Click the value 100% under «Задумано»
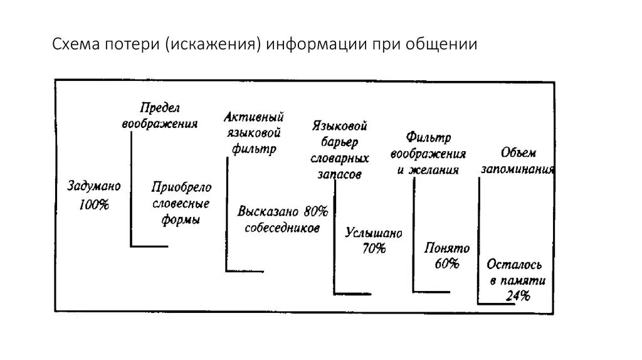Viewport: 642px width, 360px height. click(x=94, y=204)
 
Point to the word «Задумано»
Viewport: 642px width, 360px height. click(x=94, y=186)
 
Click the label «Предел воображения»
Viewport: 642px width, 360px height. click(x=160, y=115)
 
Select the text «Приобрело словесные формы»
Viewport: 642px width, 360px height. click(x=181, y=204)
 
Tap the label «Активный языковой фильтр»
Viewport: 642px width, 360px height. click(x=254, y=133)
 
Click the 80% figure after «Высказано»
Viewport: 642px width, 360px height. click(x=316, y=211)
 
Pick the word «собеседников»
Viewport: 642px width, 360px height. click(x=282, y=228)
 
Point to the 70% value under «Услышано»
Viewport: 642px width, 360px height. click(x=374, y=248)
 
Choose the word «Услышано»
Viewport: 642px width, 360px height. click(x=374, y=233)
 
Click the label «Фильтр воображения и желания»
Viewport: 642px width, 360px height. click(x=428, y=153)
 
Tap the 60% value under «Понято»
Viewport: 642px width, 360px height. click(x=446, y=264)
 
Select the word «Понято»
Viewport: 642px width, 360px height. click(x=446, y=248)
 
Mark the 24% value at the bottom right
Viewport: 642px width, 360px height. click(x=518, y=296)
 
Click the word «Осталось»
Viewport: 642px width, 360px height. click(x=514, y=265)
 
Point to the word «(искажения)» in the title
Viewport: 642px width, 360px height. click(x=213, y=45)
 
